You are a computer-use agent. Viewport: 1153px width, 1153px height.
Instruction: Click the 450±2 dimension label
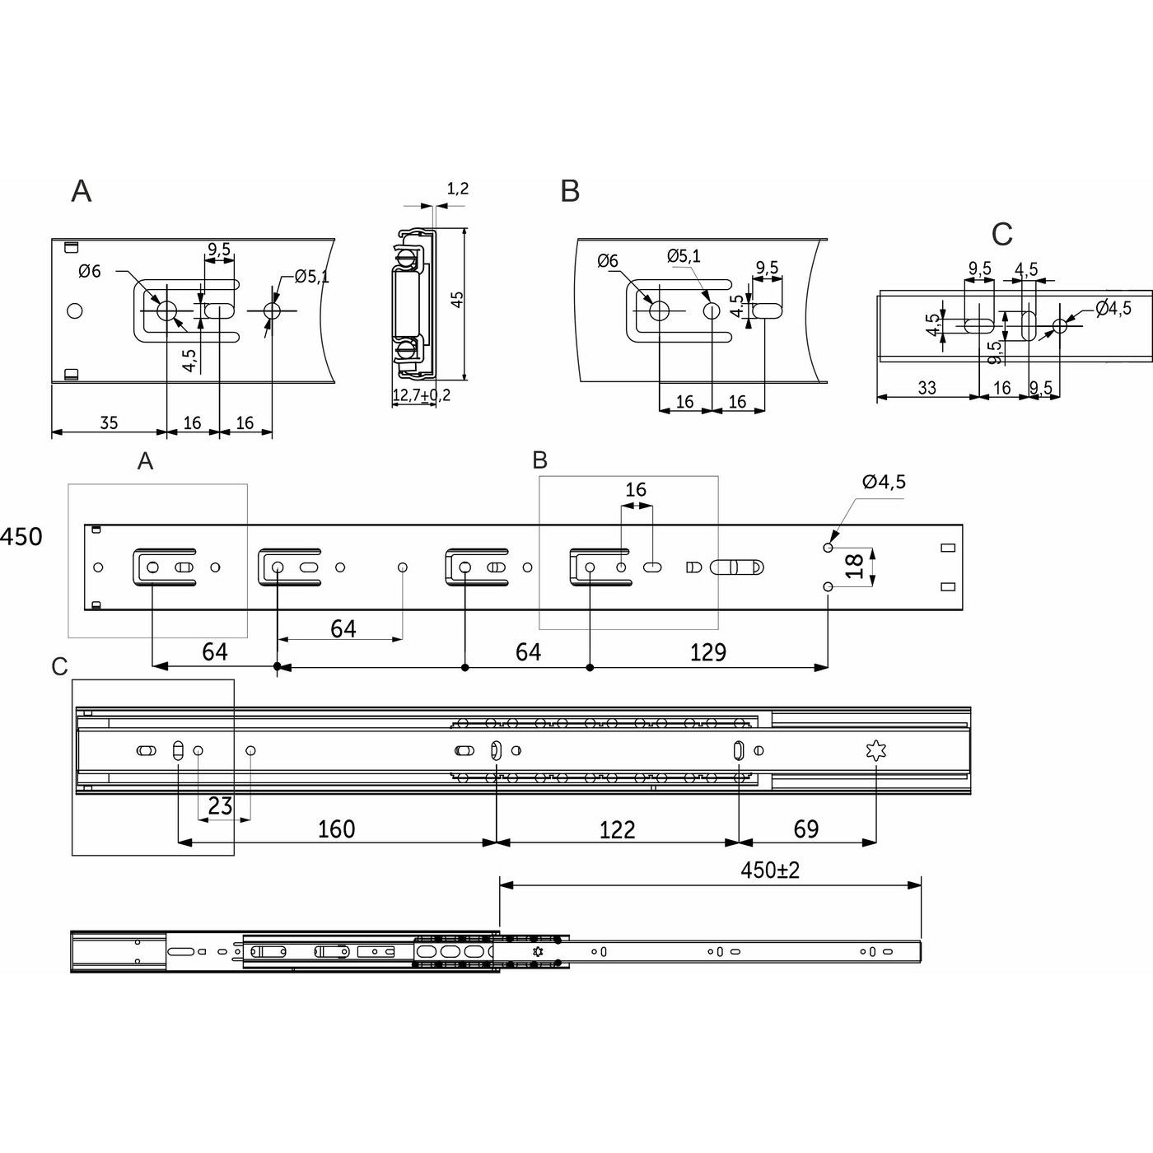(769, 871)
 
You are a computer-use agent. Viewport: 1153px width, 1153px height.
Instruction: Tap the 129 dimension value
(707, 652)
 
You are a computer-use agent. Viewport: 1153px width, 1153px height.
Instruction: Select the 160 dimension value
(336, 829)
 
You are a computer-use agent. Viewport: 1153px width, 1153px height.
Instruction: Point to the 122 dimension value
(617, 830)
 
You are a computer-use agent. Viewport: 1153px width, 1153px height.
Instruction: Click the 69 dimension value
(806, 829)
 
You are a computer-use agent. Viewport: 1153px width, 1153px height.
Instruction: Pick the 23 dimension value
(220, 806)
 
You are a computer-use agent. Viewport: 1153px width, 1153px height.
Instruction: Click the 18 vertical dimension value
(856, 566)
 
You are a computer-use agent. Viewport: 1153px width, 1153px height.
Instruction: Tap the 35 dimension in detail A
(109, 423)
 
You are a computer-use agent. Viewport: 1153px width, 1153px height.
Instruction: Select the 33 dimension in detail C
(927, 389)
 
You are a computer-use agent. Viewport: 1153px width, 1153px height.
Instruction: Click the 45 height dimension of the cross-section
(457, 299)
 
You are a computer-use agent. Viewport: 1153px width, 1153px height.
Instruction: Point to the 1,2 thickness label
(457, 189)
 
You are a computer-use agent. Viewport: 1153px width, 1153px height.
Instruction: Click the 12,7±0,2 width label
(421, 395)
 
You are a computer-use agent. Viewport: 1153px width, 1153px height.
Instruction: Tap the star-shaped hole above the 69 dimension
(876, 751)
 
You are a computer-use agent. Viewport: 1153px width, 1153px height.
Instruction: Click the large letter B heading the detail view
(570, 191)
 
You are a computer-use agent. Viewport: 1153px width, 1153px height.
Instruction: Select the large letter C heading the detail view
(1002, 235)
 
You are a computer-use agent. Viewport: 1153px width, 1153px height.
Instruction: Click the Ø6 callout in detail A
(90, 271)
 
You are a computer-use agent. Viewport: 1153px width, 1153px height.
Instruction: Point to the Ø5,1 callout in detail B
(684, 256)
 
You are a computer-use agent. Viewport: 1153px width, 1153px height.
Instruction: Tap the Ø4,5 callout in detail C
(1113, 308)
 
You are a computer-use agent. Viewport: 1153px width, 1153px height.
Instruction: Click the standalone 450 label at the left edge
(21, 537)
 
